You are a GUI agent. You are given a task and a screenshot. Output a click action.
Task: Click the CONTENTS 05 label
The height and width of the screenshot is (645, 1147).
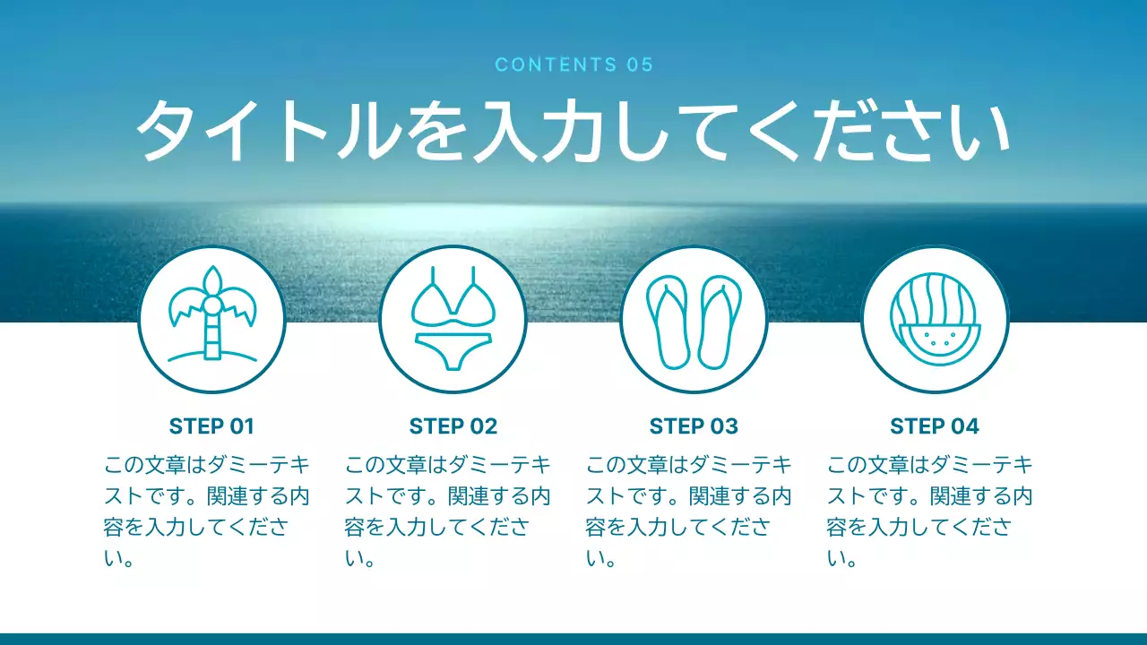pos(573,64)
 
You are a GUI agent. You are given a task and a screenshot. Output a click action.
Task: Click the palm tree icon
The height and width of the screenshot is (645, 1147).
pos(212,317)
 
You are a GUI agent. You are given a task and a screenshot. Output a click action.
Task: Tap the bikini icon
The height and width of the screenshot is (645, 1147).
pos(453,318)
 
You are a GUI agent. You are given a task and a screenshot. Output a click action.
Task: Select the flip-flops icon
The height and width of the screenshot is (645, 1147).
pos(693,321)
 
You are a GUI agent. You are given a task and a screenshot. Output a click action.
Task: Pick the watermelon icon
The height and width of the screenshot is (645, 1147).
pos(935,319)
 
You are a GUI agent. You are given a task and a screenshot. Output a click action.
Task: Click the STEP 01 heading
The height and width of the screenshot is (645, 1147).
pos(211,426)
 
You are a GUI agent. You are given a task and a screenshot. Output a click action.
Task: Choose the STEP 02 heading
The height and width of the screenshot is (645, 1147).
pos(453,426)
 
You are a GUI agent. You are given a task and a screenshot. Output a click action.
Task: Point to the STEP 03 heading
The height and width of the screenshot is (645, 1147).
pos(694,426)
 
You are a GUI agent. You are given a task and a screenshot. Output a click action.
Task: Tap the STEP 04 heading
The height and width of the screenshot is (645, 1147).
pos(935,426)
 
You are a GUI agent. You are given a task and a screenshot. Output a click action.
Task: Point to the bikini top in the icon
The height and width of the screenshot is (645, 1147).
pos(453,300)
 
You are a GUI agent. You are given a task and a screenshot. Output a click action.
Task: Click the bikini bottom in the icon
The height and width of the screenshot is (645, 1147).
pos(453,348)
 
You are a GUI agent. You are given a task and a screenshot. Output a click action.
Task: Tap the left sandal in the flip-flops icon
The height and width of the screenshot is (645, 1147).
pos(668,321)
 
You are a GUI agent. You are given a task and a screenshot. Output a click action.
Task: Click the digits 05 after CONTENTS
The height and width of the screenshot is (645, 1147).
pos(641,64)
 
